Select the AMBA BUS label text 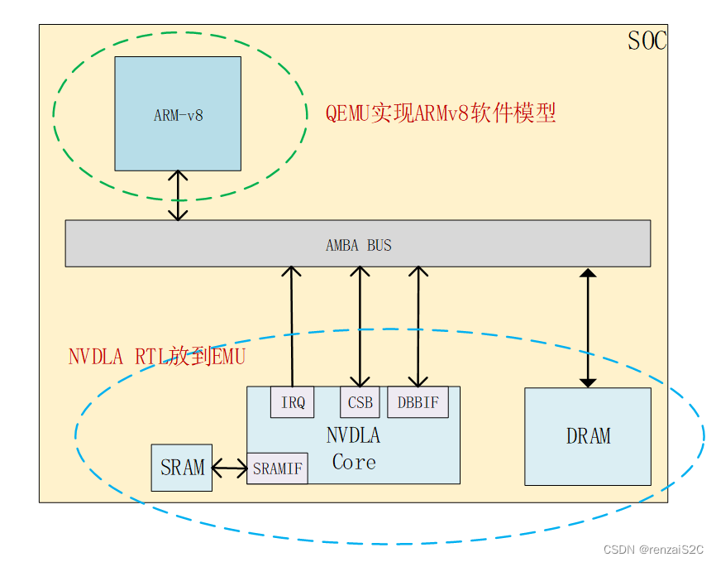click(358, 245)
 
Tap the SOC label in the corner click(647, 41)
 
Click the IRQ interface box click(293, 403)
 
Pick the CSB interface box click(360, 403)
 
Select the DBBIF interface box click(418, 403)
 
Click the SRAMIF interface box click(277, 468)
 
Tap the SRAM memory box click(182, 468)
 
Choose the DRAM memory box click(588, 436)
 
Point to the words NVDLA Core click(354, 449)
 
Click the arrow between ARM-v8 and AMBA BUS click(178, 195)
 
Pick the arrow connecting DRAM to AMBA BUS click(588, 328)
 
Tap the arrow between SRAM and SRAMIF click(230, 469)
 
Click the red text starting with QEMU click(440, 113)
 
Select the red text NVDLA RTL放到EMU click(157, 358)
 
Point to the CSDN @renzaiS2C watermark click(652, 550)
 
